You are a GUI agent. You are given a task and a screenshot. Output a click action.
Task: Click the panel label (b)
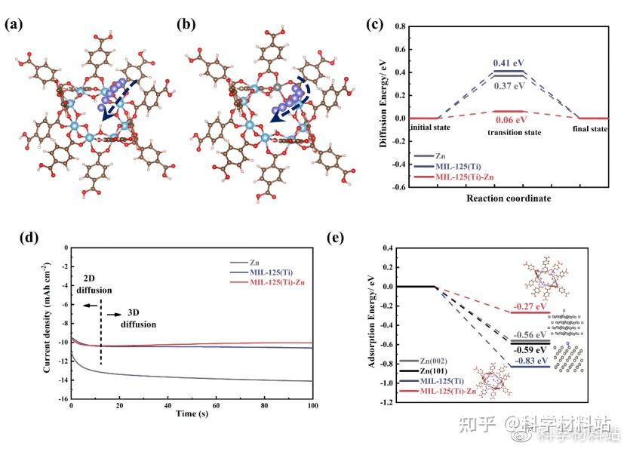[x=186, y=23]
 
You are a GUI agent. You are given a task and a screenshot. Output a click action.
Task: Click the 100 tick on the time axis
[x=312, y=405]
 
